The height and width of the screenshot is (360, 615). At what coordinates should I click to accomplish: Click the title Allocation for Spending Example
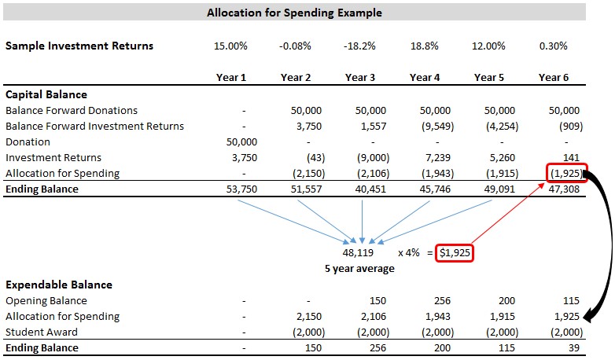click(x=294, y=13)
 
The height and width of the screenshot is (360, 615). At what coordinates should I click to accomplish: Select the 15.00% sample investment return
click(x=230, y=46)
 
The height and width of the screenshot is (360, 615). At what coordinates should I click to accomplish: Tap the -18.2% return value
click(x=359, y=46)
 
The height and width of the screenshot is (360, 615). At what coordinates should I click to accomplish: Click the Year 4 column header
click(x=424, y=77)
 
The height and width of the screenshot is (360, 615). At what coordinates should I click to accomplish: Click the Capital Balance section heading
click(x=46, y=94)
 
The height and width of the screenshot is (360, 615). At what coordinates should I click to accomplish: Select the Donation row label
click(x=28, y=141)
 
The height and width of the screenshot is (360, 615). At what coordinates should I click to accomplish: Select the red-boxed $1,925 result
click(x=456, y=253)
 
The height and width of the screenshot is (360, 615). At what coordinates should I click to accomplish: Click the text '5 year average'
click(x=359, y=269)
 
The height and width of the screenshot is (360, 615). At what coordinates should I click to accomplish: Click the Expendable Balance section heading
click(x=58, y=285)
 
